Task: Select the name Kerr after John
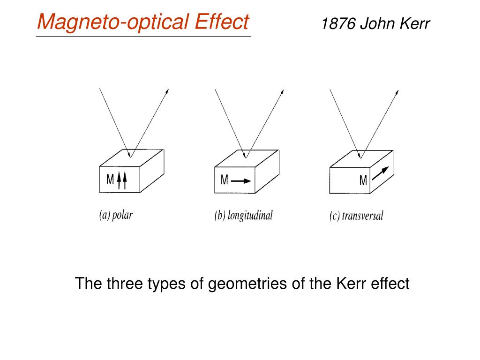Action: tap(414, 23)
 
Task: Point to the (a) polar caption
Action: tap(116, 216)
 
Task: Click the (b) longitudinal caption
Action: tap(243, 216)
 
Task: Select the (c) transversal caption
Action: tap(357, 217)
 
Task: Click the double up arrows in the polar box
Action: tap(122, 180)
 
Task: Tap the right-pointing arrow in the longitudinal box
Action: tap(241, 180)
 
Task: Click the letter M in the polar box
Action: tap(111, 180)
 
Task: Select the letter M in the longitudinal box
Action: tap(225, 180)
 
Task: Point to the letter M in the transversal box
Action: tap(363, 180)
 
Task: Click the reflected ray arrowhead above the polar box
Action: tap(167, 91)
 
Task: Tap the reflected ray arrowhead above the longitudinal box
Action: tap(282, 91)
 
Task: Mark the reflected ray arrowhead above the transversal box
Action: tap(397, 91)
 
